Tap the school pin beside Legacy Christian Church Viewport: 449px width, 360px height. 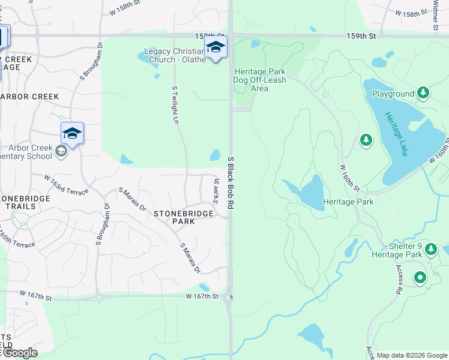click(x=215, y=47)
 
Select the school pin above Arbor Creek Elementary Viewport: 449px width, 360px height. click(x=72, y=133)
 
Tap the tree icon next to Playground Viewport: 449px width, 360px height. click(x=423, y=93)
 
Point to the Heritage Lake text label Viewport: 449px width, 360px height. click(x=396, y=134)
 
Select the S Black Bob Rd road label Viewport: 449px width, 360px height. click(x=230, y=183)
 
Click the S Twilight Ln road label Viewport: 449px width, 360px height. click(x=176, y=104)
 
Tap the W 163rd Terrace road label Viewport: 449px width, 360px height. click(x=66, y=184)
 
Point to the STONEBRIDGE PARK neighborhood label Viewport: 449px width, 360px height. click(x=175, y=217)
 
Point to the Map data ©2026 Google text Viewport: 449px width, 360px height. click(x=412, y=355)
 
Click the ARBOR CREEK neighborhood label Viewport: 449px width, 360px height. click(x=30, y=97)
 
